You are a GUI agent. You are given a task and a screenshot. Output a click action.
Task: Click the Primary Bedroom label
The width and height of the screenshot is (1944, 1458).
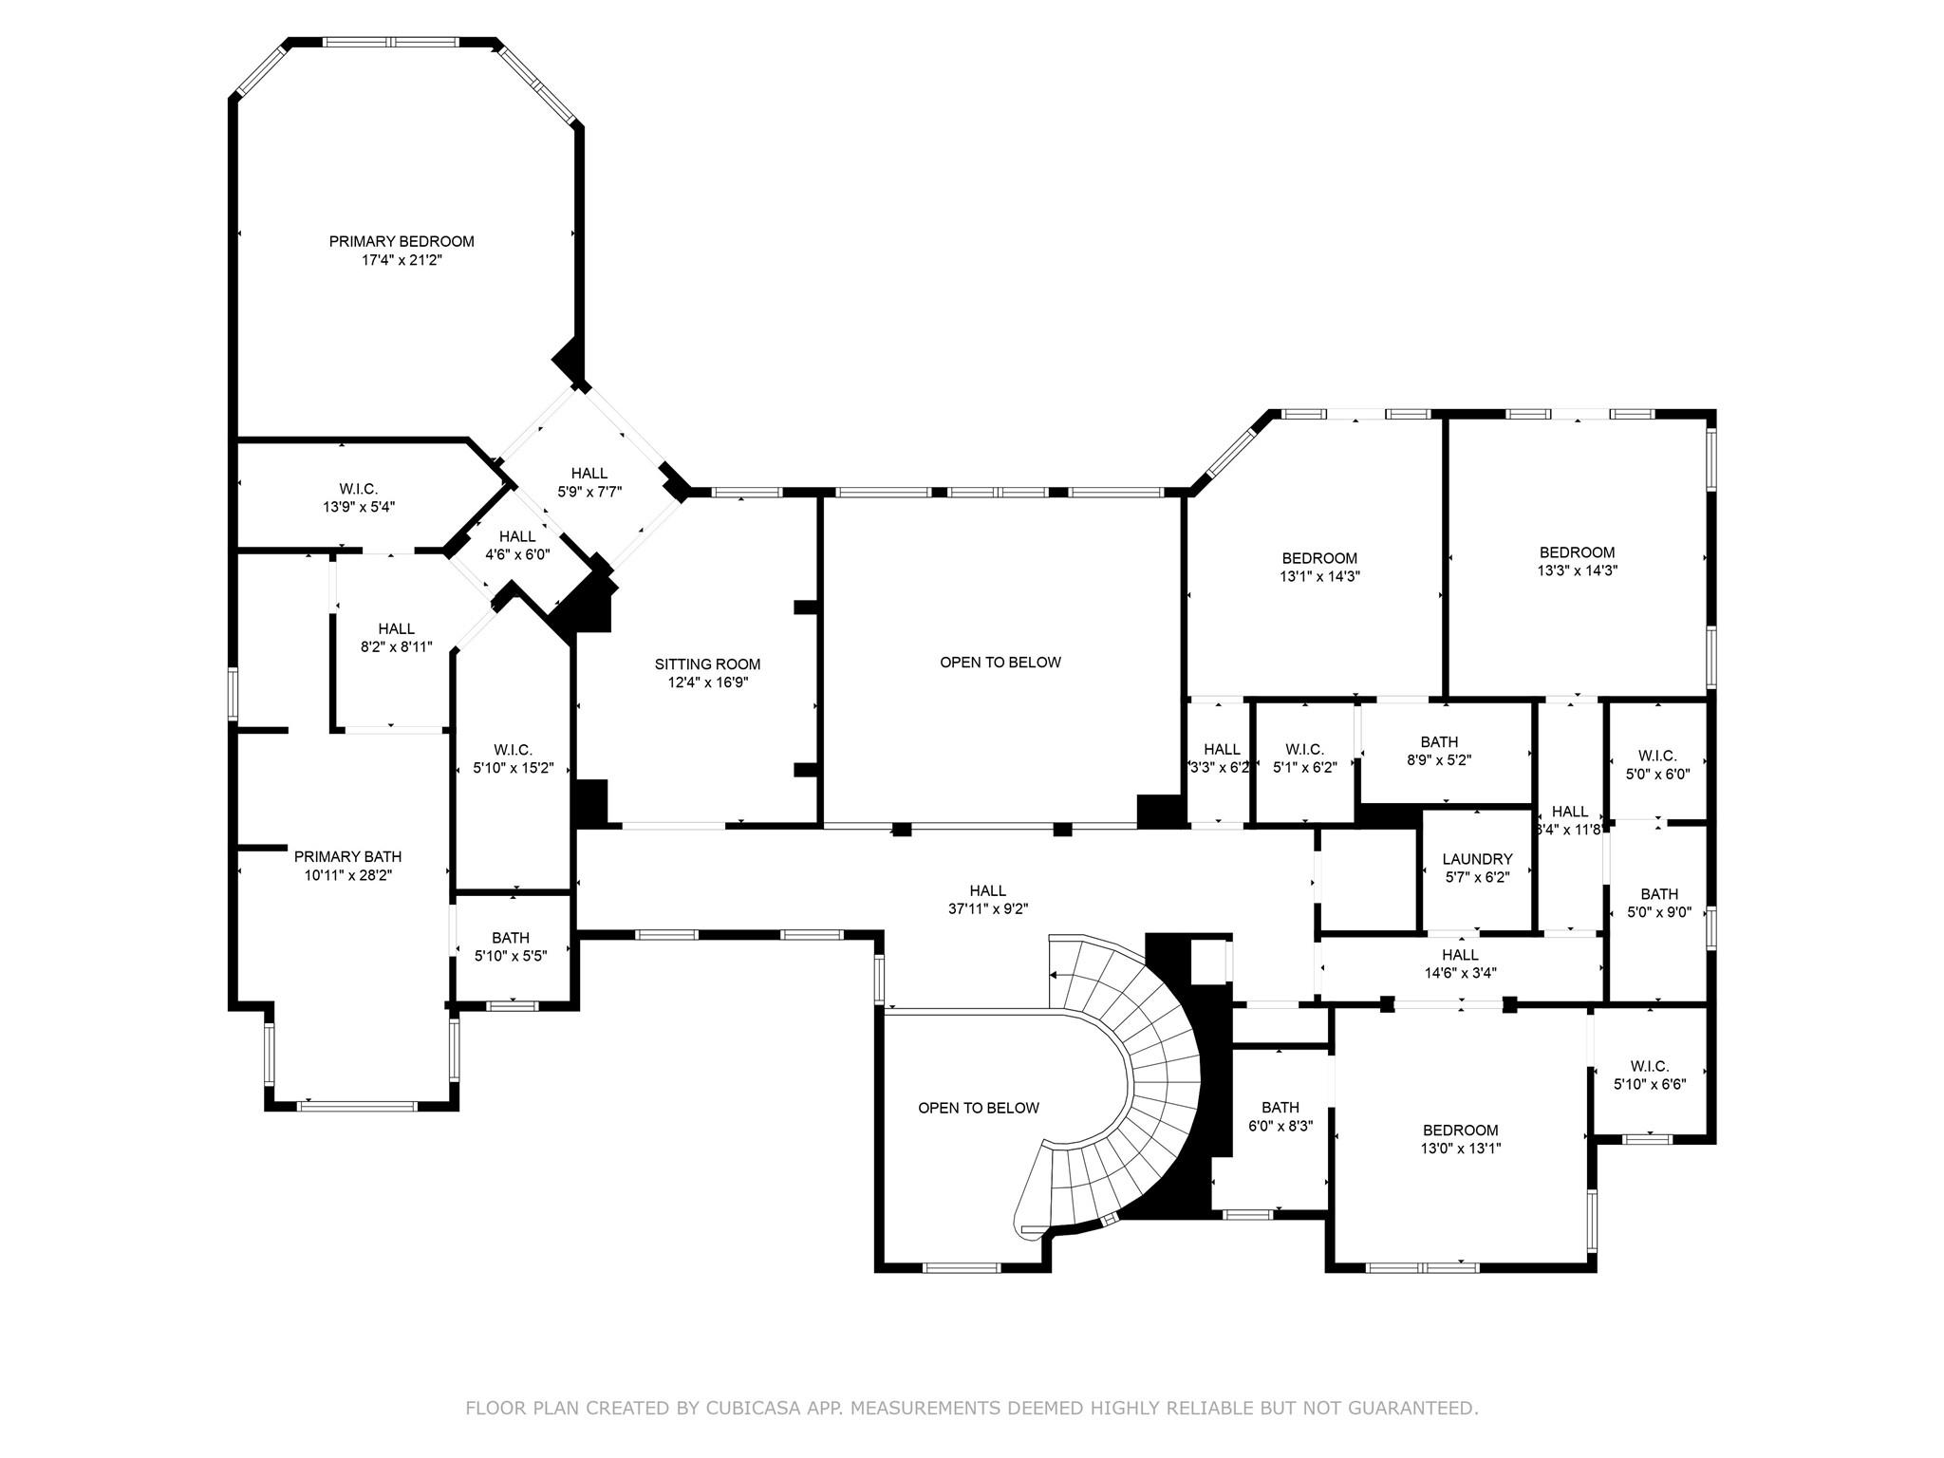click(x=402, y=242)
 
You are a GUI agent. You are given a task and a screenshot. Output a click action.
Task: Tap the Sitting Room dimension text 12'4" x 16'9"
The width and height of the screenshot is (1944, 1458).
click(x=707, y=682)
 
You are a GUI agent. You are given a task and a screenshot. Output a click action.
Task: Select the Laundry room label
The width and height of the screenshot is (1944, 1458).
click(x=1477, y=859)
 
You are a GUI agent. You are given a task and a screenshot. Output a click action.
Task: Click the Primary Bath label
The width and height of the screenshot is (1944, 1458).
click(x=347, y=857)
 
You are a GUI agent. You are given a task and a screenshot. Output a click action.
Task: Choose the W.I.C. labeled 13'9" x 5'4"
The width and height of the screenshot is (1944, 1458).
click(x=358, y=498)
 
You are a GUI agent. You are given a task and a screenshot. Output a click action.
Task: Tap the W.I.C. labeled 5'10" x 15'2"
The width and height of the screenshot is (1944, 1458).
click(x=513, y=758)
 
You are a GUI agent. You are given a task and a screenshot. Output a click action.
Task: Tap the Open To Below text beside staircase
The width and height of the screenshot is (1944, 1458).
click(x=978, y=1108)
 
